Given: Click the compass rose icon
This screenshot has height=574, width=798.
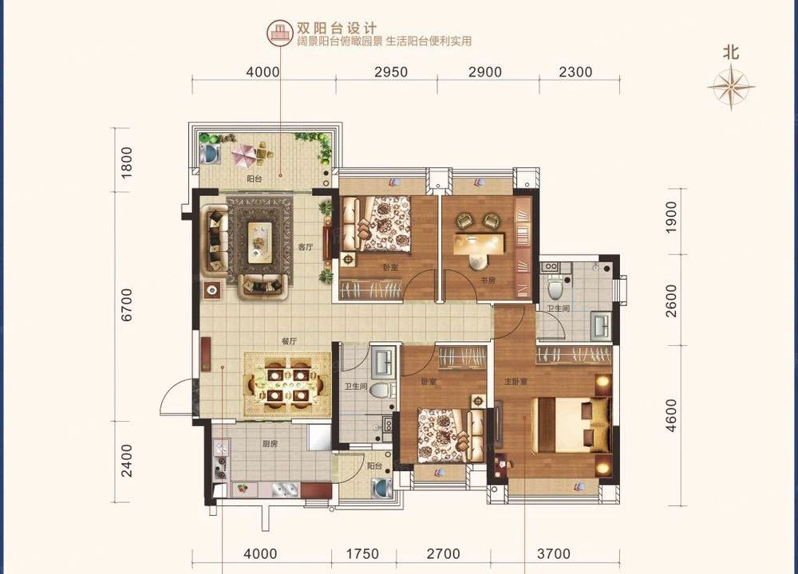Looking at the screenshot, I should coord(731,87).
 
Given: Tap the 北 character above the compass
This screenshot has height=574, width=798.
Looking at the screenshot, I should coord(731,53).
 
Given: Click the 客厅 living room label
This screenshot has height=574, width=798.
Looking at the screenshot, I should coord(304,247).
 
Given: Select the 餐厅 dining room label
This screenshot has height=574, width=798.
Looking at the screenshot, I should coord(288,340).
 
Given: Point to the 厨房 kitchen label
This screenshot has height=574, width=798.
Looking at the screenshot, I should coord(268,443).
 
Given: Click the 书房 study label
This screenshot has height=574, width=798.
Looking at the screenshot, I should coord(488,281).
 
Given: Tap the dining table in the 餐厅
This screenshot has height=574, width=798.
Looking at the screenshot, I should coord(288,384).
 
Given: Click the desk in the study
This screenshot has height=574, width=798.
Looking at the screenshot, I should coord(480,241).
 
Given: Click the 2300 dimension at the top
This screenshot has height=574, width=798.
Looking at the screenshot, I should coord(575,72).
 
